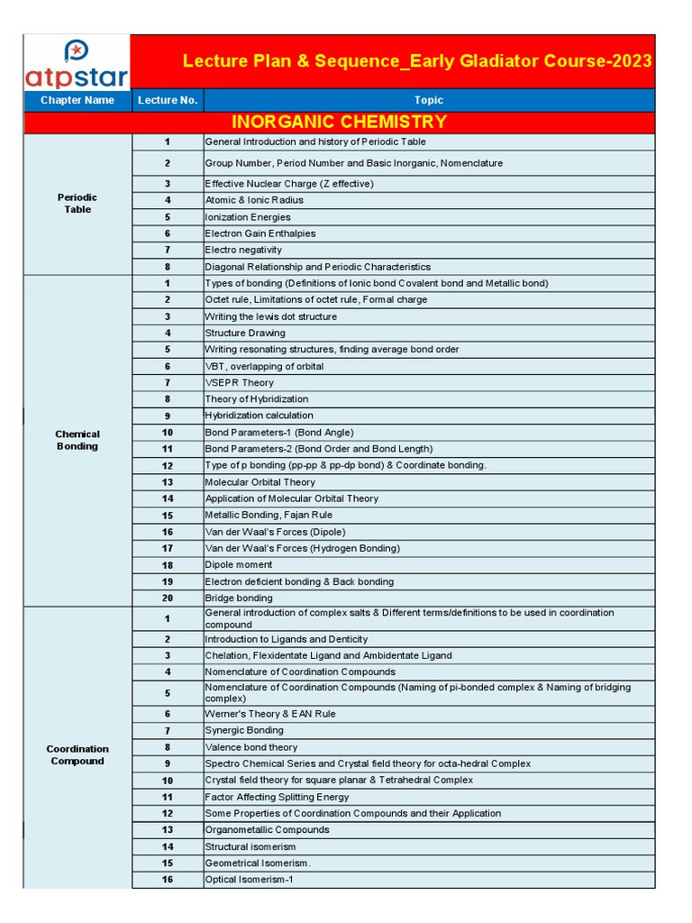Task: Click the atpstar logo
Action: point(77,62)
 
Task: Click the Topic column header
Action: point(428,100)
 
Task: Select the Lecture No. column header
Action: point(168,100)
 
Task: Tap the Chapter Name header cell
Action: point(77,100)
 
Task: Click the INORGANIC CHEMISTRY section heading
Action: point(339,122)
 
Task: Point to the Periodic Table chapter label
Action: point(77,204)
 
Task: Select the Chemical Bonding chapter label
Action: point(77,440)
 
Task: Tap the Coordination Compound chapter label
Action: point(77,754)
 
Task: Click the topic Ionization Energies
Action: point(248,217)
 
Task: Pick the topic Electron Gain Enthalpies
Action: point(260,233)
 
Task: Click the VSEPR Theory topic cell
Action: point(239,382)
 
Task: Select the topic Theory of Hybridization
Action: point(257,399)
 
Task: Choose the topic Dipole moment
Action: point(239,565)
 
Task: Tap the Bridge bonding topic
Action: point(239,598)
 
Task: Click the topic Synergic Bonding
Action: point(244,730)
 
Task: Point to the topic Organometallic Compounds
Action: point(268,829)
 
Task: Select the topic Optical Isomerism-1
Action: point(249,880)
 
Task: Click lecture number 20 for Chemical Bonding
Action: point(168,598)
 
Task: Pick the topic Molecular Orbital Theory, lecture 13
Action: point(260,482)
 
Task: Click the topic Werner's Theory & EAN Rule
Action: point(270,714)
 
